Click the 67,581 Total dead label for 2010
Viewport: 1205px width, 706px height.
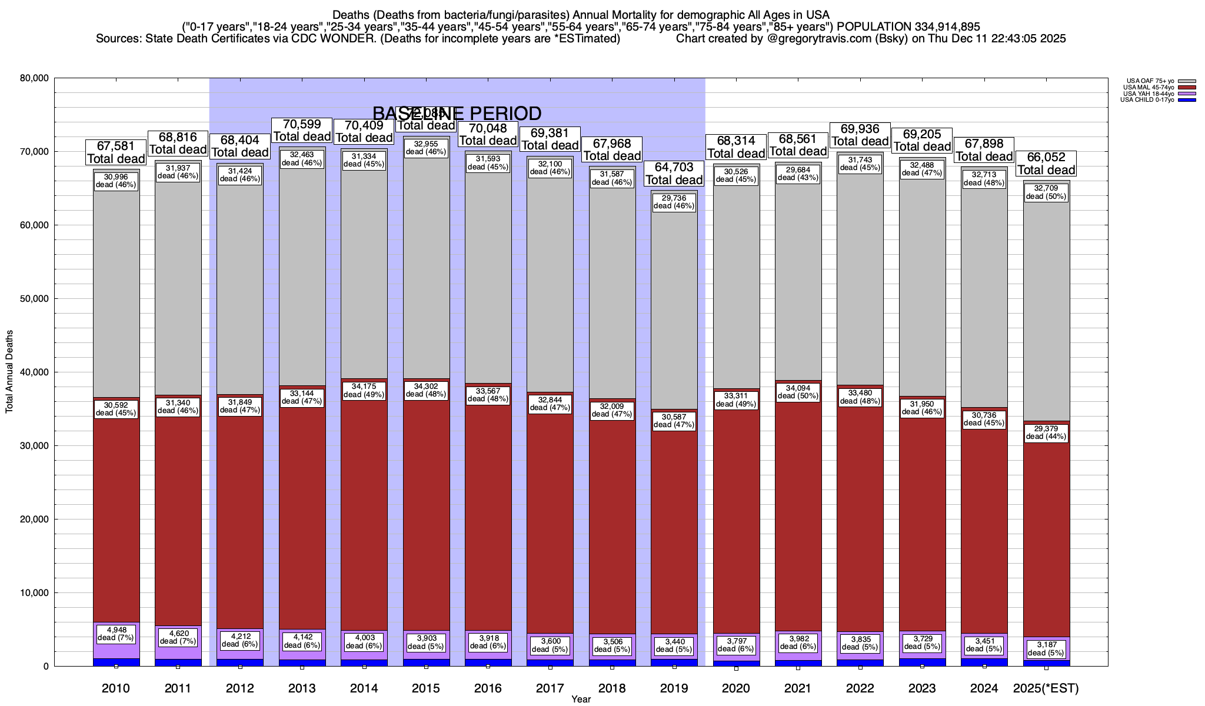pyautogui.click(x=116, y=152)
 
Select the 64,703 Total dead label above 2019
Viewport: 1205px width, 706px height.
pyautogui.click(x=674, y=174)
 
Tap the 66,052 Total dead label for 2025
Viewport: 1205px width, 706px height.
pyautogui.click(x=1046, y=164)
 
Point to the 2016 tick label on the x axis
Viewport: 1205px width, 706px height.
pyautogui.click(x=488, y=688)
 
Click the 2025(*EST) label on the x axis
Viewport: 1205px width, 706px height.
pyautogui.click(x=1046, y=688)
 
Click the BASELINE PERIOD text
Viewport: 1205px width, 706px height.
pyautogui.click(x=457, y=114)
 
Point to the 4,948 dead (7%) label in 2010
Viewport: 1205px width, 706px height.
pyautogui.click(x=116, y=633)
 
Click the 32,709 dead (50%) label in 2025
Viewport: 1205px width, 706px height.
pyautogui.click(x=1046, y=192)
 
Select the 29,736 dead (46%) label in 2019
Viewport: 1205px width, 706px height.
pyautogui.click(x=674, y=202)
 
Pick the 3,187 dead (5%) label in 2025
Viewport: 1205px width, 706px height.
pyautogui.click(x=1046, y=649)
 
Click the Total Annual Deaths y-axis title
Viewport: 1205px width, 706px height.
pyautogui.click(x=9, y=371)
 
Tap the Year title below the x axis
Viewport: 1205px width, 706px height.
pyautogui.click(x=581, y=699)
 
